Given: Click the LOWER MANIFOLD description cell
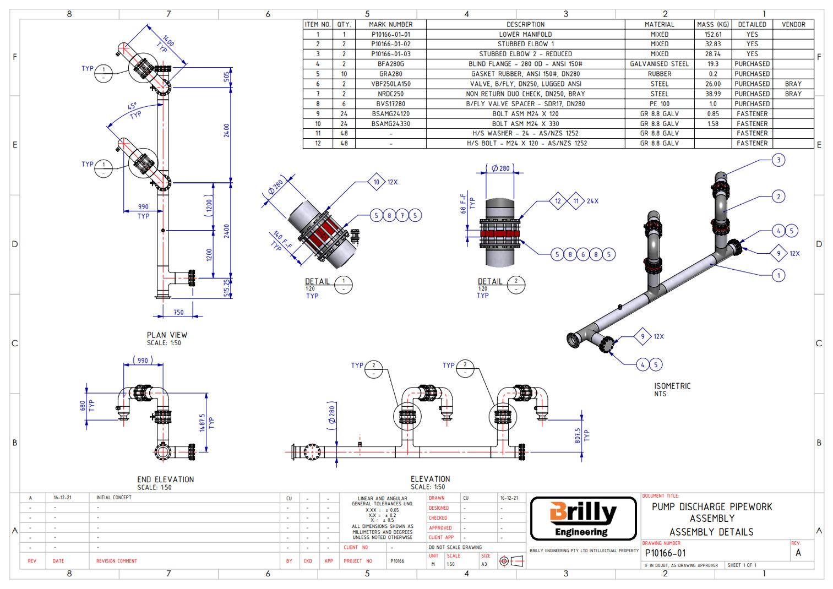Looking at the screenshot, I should click(525, 34).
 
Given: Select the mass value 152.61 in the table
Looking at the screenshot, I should click(712, 34).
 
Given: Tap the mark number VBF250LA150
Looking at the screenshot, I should click(390, 84).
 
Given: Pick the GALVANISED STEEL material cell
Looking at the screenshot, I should click(659, 64).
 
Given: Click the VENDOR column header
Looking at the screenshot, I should click(793, 24).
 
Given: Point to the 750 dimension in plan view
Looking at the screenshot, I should click(178, 312).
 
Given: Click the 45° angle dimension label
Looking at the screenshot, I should click(133, 107).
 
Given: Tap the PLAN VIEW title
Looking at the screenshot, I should click(167, 335).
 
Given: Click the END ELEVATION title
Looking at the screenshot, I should click(165, 479).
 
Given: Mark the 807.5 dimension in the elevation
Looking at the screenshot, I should click(578, 435).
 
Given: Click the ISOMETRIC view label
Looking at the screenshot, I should click(672, 386).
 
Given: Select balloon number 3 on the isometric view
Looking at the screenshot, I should click(778, 160).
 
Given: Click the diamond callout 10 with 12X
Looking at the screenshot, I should click(377, 182).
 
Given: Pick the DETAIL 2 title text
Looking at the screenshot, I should click(489, 281).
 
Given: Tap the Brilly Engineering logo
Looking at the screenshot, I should click(583, 518).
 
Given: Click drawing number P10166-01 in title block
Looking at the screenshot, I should click(665, 553).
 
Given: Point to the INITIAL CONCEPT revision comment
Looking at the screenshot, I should click(114, 498).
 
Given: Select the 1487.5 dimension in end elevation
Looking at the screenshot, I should click(202, 423).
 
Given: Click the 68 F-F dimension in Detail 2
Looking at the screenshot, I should click(463, 203).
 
